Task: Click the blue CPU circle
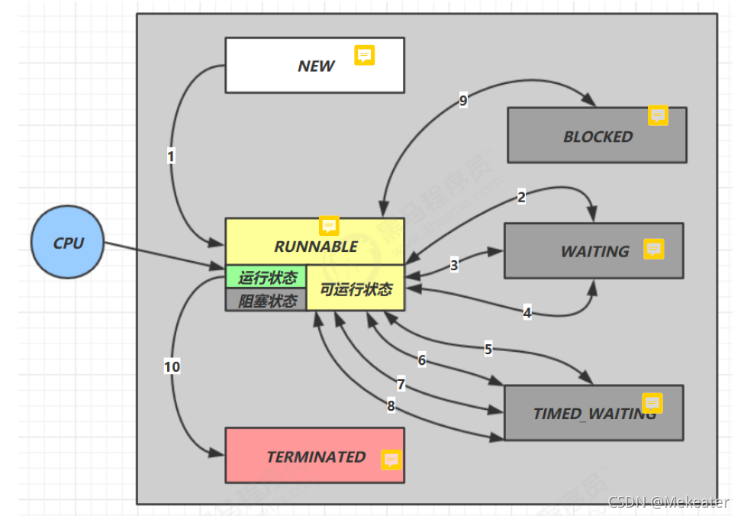coord(67,243)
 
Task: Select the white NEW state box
coord(314,66)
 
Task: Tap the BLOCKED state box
coord(597,136)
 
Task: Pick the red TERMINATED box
coord(314,456)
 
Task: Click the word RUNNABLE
coord(315,247)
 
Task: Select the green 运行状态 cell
coord(266,276)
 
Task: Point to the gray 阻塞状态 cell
coord(266,300)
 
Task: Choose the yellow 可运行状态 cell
coord(356,289)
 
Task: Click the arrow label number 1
coord(171,156)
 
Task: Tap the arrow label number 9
coord(463,100)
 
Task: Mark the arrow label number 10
coord(172,367)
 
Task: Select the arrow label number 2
coord(521,197)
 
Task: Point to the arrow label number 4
coord(527,312)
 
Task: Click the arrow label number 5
coord(488,349)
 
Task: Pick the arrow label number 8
coord(391,406)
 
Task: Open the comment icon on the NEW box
coord(365,55)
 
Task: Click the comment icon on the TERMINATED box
coord(391,460)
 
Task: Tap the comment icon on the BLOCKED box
coord(658,115)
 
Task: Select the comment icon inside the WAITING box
coord(653,249)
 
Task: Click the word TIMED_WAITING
coord(594,414)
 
